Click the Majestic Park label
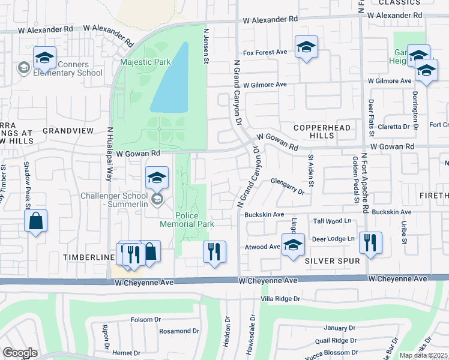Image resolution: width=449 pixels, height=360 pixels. click(x=145, y=62)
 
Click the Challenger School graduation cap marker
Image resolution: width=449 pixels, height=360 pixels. click(x=157, y=178)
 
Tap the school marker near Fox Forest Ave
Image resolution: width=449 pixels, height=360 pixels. click(x=306, y=47)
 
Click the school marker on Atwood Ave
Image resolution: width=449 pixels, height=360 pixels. click(x=293, y=246)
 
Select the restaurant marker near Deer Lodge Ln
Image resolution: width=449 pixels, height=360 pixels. click(x=370, y=243)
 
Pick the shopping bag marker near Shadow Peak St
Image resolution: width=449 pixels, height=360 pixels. click(x=36, y=221)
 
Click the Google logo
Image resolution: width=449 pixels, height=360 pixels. click(x=20, y=353)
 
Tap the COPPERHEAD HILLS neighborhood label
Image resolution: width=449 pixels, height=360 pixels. click(x=313, y=132)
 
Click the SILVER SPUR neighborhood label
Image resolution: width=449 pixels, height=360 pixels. click(x=332, y=261)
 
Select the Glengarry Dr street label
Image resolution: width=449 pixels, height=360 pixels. click(x=288, y=183)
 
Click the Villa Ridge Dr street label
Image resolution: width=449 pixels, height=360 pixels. click(x=279, y=298)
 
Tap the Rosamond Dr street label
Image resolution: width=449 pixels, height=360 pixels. click(x=179, y=331)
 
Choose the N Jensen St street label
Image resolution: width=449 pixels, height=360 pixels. click(x=206, y=46)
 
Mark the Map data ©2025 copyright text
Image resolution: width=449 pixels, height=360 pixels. click(x=424, y=355)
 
